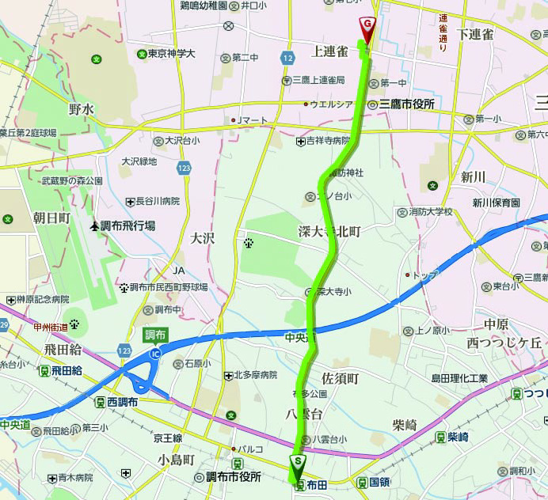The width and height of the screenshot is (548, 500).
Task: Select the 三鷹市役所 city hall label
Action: click(x=407, y=104)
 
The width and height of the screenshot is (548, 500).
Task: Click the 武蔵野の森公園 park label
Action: click(x=72, y=181)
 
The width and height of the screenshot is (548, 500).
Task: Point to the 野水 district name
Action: click(x=81, y=109)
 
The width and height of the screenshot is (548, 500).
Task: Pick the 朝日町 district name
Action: click(x=51, y=217)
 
